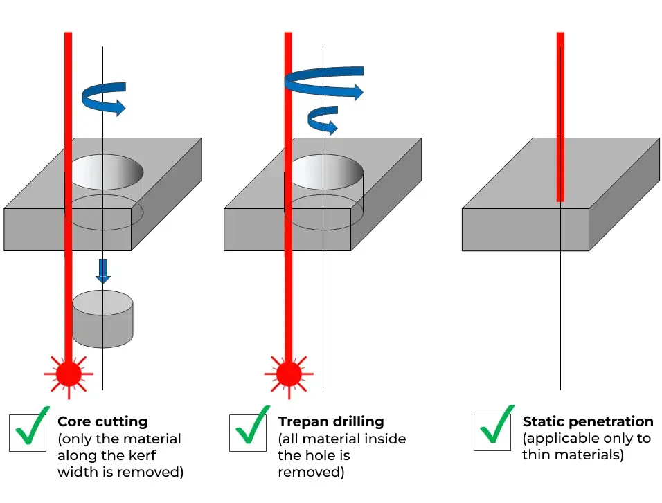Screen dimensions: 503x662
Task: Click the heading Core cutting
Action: [x=102, y=421]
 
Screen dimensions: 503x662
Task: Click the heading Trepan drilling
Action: [x=330, y=421]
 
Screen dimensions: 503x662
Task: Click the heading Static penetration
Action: [x=587, y=421]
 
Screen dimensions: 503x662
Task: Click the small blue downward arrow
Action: [x=102, y=271]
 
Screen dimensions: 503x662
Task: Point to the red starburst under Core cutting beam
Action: [x=69, y=374]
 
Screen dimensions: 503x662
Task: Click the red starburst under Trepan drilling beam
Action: [x=288, y=374]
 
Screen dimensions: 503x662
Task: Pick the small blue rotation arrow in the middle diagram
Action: [x=323, y=120]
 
